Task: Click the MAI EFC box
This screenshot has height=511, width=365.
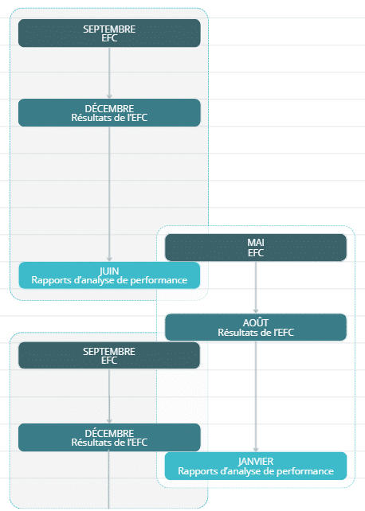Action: [256, 248]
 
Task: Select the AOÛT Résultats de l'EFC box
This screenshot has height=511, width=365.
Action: [256, 327]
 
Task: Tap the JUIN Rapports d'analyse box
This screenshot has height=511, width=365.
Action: [109, 275]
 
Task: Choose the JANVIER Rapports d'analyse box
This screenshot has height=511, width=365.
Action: [256, 466]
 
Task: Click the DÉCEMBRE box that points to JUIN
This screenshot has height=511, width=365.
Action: [109, 113]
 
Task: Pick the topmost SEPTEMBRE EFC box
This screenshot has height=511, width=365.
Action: [109, 33]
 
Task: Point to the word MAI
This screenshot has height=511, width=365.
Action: [256, 243]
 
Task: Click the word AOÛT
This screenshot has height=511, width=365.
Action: [256, 322]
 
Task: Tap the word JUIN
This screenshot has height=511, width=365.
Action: [109, 271]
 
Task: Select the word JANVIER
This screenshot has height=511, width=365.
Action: [256, 462]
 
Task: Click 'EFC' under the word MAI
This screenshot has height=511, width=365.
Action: [256, 253]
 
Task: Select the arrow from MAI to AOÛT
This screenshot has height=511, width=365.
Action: [256, 287]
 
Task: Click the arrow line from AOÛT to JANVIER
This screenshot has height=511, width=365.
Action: [256, 396]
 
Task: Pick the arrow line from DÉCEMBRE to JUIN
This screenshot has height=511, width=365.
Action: [109, 194]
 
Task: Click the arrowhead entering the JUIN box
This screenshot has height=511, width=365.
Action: [109, 259]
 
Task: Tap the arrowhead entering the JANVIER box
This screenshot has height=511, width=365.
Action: [256, 450]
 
